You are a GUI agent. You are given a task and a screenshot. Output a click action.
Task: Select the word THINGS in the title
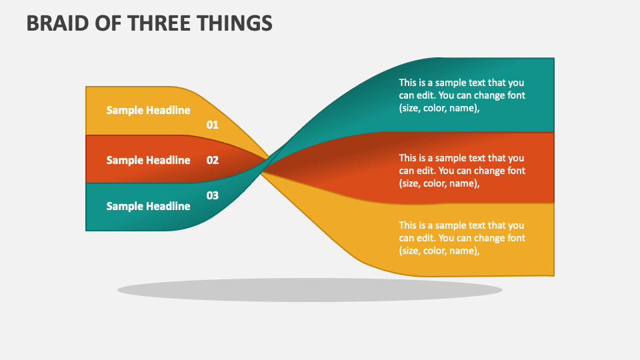click(238, 23)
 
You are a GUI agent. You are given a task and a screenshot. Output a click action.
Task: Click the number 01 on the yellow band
click(212, 125)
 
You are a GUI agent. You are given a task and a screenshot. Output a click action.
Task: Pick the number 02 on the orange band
click(212, 160)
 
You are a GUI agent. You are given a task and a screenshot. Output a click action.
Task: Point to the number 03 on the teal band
click(212, 195)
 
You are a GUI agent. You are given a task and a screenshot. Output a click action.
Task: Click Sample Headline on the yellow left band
click(148, 111)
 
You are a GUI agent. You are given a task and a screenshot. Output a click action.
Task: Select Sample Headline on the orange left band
click(148, 160)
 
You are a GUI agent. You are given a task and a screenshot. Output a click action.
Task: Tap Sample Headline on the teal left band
click(148, 206)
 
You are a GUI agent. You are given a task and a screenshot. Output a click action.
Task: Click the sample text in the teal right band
click(462, 95)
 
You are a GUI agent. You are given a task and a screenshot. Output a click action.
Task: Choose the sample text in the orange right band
click(462, 171)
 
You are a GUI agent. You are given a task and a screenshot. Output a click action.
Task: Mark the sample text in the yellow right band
click(462, 238)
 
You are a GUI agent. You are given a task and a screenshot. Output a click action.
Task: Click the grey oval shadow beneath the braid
click(310, 290)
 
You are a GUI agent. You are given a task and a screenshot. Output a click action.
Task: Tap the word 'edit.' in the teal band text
click(428, 95)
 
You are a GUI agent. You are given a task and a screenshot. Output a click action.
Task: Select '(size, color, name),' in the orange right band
click(439, 183)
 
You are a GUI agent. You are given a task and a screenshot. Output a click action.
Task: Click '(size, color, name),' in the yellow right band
click(439, 251)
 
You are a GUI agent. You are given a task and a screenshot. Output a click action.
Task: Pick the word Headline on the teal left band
click(168, 206)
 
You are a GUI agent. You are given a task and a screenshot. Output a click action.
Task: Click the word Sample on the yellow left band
click(125, 111)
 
